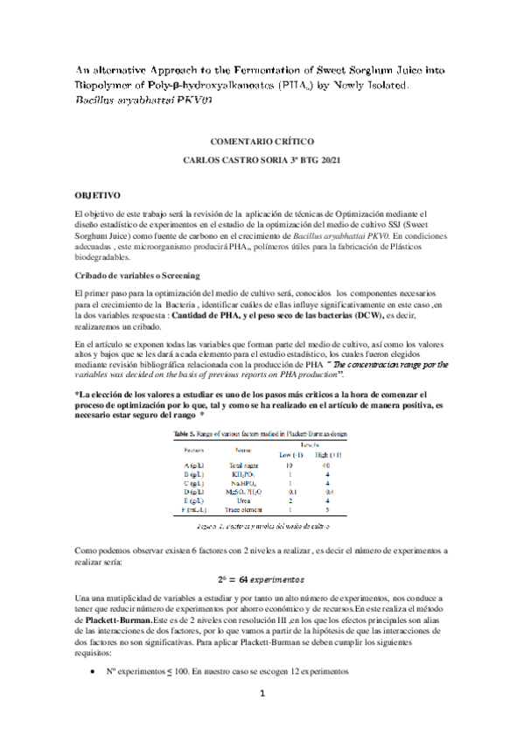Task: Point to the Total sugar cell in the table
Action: [240, 465]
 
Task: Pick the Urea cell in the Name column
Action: [240, 502]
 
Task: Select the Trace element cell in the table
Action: [240, 512]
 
